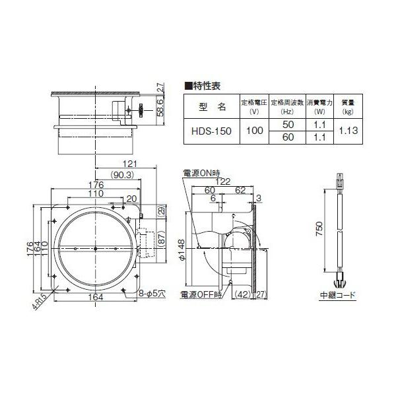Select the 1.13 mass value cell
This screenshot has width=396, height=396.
click(x=348, y=131)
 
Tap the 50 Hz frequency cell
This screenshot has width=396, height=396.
click(x=288, y=125)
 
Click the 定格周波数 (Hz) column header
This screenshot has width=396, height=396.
click(x=288, y=106)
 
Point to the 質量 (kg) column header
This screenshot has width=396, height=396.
click(x=348, y=106)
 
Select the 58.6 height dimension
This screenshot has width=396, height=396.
click(x=160, y=107)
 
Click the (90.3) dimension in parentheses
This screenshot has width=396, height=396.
click(x=121, y=174)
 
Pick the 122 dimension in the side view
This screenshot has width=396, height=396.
click(x=222, y=181)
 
